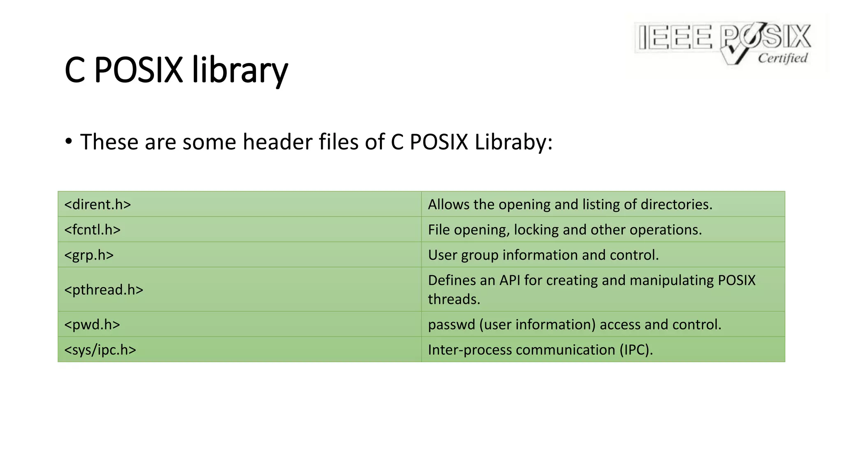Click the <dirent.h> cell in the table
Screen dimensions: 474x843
coord(98,204)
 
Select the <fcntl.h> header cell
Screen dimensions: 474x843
coord(93,230)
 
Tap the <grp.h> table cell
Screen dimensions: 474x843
coord(89,255)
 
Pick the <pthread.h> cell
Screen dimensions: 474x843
coord(104,290)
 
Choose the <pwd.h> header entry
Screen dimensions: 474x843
coord(92,325)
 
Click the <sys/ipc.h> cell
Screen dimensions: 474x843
coord(100,350)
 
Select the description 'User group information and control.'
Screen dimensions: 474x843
coord(543,255)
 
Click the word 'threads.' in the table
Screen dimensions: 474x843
coord(454,299)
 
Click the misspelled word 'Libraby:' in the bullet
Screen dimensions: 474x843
coord(513,142)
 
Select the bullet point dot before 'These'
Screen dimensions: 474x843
coord(69,141)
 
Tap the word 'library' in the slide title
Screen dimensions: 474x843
coord(240,70)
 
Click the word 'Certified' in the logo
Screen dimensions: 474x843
coord(782,58)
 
